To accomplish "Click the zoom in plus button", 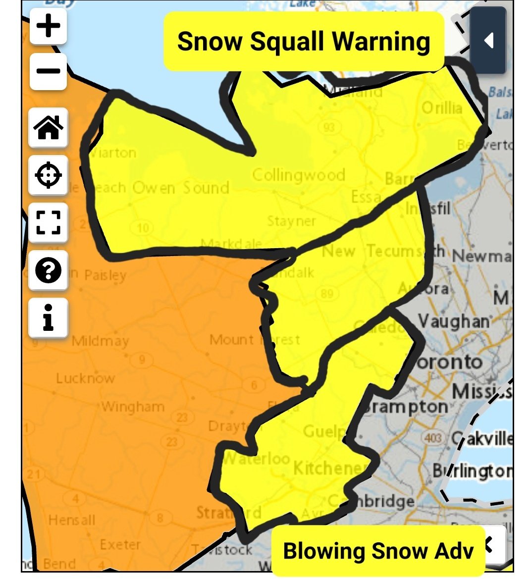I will tap(48, 26).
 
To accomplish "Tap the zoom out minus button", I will tap(48, 71).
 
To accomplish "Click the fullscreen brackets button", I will tap(48, 222).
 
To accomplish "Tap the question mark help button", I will tap(48, 270).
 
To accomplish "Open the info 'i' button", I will tap(48, 317).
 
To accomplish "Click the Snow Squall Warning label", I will tap(304, 41).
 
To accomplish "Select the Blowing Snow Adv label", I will tap(378, 551).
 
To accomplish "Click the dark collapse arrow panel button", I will tap(488, 41).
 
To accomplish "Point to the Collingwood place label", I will tap(299, 175).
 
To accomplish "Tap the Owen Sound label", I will tap(180, 188).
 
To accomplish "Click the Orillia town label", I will tap(441, 107).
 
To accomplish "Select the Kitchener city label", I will tap(330, 468).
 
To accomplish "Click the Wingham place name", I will tap(133, 407).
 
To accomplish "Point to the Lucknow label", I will tap(85, 378).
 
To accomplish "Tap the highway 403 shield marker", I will tap(433, 438).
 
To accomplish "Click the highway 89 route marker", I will tap(327, 293).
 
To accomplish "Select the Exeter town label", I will tap(120, 544).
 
